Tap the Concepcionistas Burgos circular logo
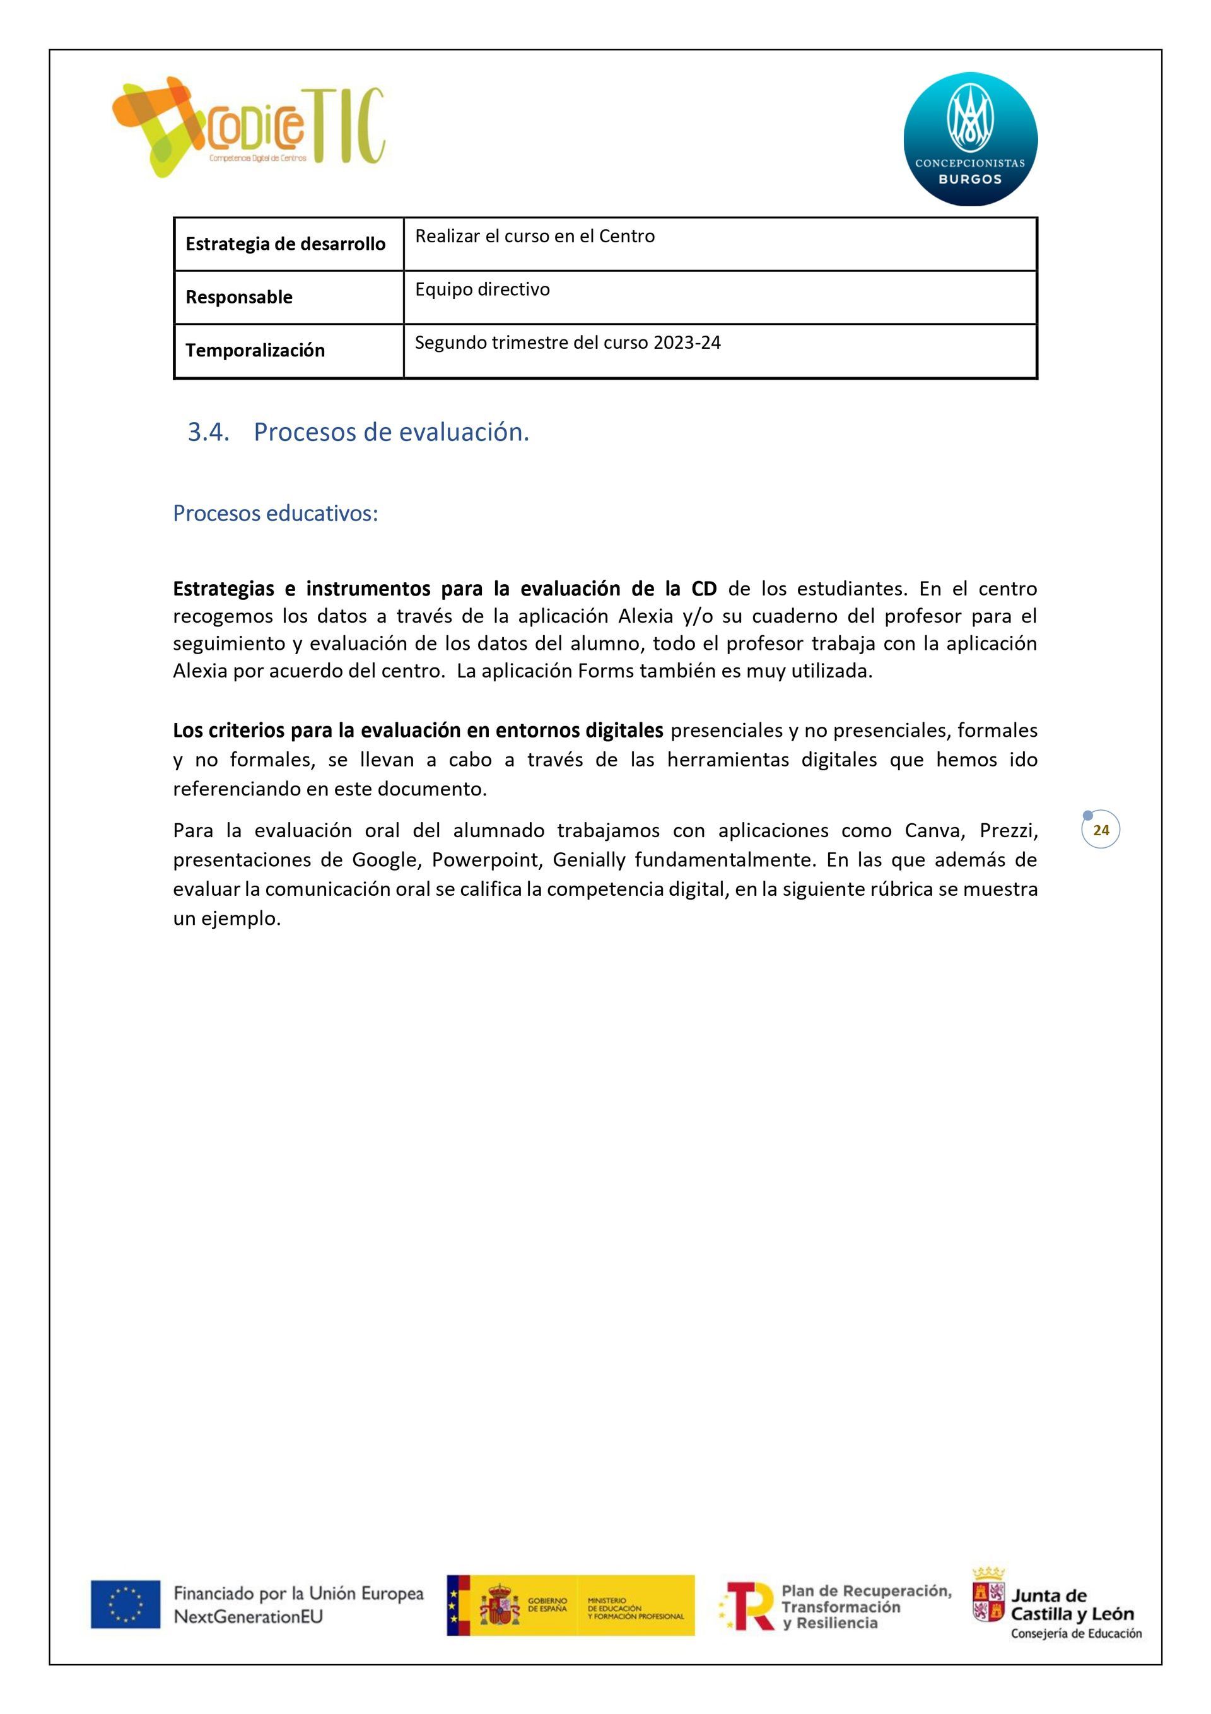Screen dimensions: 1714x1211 pyautogui.click(x=970, y=139)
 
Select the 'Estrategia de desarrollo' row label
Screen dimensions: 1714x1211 pyautogui.click(x=285, y=244)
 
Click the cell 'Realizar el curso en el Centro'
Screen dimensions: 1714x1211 pyautogui.click(x=535, y=237)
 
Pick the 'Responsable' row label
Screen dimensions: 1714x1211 pyautogui.click(x=239, y=297)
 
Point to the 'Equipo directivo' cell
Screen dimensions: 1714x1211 pyautogui.click(x=483, y=290)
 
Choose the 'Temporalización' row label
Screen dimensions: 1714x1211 pyautogui.click(x=255, y=350)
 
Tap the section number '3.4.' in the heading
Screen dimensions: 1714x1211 pyautogui.click(x=208, y=432)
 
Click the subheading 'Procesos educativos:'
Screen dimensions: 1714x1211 pyautogui.click(x=276, y=514)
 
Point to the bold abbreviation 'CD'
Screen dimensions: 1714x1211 pyautogui.click(x=704, y=589)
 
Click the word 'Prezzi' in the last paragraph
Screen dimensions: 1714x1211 pyautogui.click(x=1008, y=830)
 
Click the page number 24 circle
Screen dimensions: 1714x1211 pyautogui.click(x=1101, y=830)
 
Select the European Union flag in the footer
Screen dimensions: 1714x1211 pyautogui.click(x=126, y=1604)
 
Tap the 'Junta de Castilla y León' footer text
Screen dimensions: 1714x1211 pyautogui.click(x=1072, y=1605)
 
